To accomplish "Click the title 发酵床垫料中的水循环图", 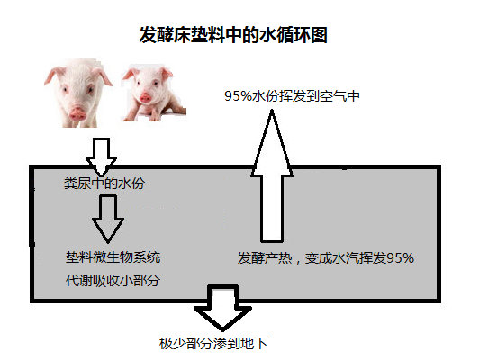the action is tap(233, 35).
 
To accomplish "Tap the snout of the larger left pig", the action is tap(77, 112).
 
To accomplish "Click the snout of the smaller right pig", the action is tap(145, 98).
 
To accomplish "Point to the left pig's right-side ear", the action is tap(104, 76).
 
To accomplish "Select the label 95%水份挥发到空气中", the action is tap(292, 96).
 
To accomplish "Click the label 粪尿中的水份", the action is tap(104, 184).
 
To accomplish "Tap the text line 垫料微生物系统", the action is tap(113, 257).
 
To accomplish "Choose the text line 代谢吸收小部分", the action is tap(113, 280).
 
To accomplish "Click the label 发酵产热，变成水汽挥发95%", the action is tap(326, 258).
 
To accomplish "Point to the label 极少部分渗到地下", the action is tap(213, 344).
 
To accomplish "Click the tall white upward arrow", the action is tap(272, 176).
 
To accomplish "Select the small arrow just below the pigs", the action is tap(101, 157).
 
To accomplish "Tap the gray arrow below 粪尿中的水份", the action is tap(108, 219).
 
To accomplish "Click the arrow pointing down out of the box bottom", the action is tap(222, 308).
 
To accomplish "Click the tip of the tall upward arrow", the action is tap(272, 110).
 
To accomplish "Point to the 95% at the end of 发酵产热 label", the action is tap(401, 258).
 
